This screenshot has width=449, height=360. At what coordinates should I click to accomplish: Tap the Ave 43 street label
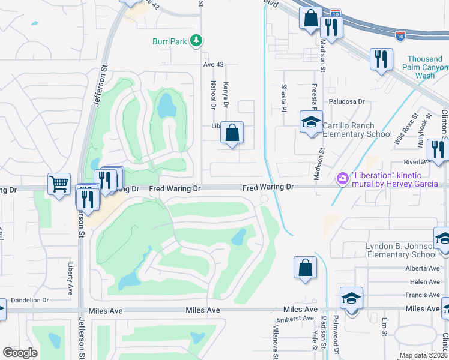click(212, 64)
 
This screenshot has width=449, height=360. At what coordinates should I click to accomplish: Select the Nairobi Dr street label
click(212, 94)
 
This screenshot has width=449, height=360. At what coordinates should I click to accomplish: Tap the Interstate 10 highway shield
click(401, 35)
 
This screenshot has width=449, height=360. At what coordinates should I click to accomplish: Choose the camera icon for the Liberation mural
click(343, 178)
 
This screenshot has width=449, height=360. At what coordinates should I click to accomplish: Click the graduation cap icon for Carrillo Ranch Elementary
click(311, 122)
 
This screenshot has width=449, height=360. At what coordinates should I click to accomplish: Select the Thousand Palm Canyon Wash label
click(425, 67)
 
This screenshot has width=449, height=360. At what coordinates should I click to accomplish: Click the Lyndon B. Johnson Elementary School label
click(399, 250)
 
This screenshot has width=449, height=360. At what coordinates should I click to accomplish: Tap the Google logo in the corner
click(20, 353)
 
